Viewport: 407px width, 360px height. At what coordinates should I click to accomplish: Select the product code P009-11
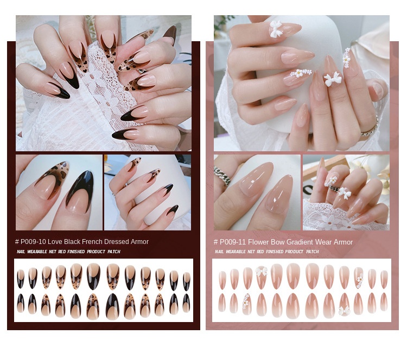click(232, 242)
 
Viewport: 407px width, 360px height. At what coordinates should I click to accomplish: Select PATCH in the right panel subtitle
click(312, 252)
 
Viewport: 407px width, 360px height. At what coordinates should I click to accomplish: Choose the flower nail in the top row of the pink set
click(359, 278)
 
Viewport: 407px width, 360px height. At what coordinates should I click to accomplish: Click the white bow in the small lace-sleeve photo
click(344, 192)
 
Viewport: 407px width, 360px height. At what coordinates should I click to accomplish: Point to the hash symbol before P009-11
click(215, 242)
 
